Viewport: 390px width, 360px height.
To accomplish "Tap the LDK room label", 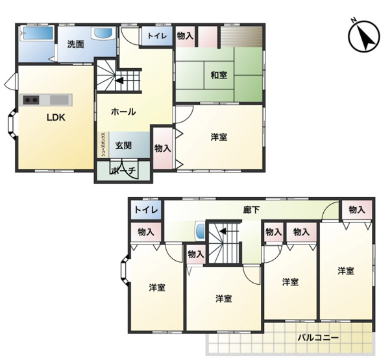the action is [x=56, y=117].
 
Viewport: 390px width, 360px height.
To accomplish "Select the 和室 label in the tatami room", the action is [x=219, y=75].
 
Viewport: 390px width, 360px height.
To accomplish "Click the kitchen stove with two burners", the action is [x=31, y=100].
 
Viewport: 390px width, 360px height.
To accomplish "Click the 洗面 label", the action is [x=76, y=44].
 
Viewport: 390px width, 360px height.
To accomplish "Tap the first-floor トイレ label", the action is [x=157, y=36].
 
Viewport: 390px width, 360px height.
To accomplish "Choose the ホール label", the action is [x=123, y=112].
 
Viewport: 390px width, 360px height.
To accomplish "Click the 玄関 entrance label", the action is [x=123, y=145].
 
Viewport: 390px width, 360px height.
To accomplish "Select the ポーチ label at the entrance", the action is [x=123, y=171].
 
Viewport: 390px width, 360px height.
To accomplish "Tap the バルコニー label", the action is [x=319, y=338].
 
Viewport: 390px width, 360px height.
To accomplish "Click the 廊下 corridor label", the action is [x=252, y=210].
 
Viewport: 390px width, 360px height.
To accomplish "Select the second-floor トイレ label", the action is [x=146, y=210].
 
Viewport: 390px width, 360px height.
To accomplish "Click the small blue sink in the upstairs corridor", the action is [x=201, y=231].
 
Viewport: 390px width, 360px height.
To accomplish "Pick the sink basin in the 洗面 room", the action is [x=104, y=33].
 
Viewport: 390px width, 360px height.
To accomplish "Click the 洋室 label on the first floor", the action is [x=219, y=137].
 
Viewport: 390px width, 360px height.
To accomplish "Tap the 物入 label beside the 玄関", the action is [x=163, y=149].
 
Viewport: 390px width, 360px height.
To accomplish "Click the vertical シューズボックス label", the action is [x=103, y=145].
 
